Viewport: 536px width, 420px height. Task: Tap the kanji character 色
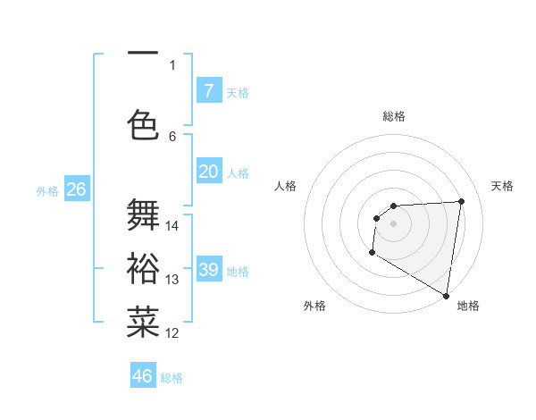pyautogui.click(x=144, y=123)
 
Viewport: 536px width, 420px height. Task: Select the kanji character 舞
pyautogui.click(x=144, y=215)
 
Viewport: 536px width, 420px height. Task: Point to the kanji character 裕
pyautogui.click(x=144, y=268)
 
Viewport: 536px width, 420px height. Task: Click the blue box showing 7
pyautogui.click(x=208, y=90)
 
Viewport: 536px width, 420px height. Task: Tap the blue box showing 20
pyautogui.click(x=208, y=172)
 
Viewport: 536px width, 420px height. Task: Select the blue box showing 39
pyautogui.click(x=208, y=270)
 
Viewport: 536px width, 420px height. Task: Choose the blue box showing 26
pyautogui.click(x=76, y=189)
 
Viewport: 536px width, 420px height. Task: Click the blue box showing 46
pyautogui.click(x=143, y=375)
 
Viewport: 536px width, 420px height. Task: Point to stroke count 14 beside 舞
pyautogui.click(x=172, y=226)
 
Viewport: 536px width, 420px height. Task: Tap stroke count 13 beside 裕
pyautogui.click(x=172, y=280)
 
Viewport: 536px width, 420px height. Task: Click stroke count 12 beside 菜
pyautogui.click(x=172, y=333)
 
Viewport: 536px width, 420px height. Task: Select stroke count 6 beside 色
pyautogui.click(x=172, y=136)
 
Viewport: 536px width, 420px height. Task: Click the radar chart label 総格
pyautogui.click(x=394, y=116)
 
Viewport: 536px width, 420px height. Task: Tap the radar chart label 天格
pyautogui.click(x=502, y=186)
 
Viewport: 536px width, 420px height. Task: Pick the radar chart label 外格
pyautogui.click(x=314, y=306)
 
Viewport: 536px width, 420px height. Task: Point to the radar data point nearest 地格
pyautogui.click(x=446, y=295)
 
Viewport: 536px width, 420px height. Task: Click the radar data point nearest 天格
pyautogui.click(x=462, y=201)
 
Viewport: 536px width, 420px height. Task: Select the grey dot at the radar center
pyautogui.click(x=393, y=223)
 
